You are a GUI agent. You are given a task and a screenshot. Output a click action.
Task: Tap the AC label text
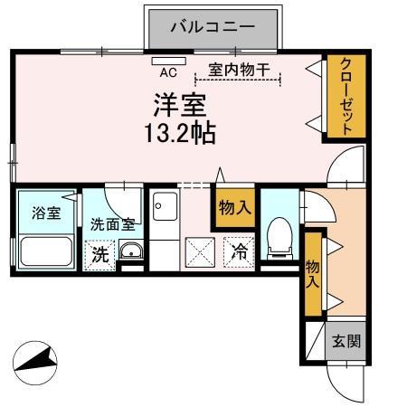(x=168, y=71)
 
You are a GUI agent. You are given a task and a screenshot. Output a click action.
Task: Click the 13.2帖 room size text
(x=180, y=133)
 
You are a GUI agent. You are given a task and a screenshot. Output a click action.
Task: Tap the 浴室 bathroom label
(x=46, y=214)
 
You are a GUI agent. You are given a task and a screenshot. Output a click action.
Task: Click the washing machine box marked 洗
(x=100, y=254)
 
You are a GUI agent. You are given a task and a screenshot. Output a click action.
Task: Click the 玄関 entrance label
(x=345, y=342)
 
